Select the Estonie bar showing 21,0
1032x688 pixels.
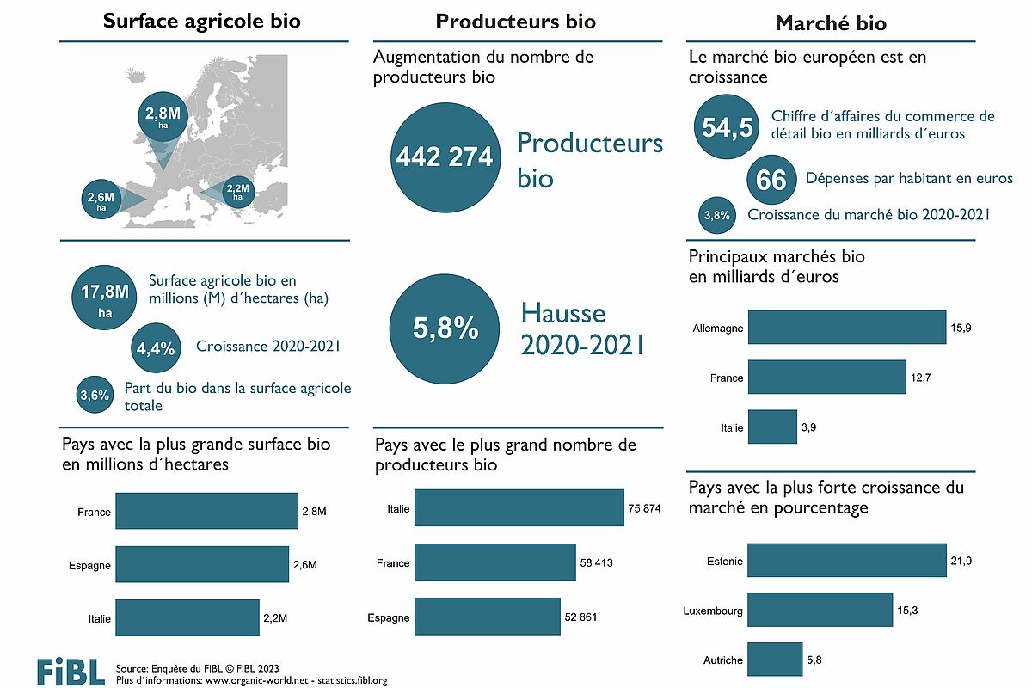coord(847,560)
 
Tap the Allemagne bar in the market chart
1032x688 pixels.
coord(847,328)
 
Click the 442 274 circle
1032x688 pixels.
coord(444,157)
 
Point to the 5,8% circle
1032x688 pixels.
coord(444,329)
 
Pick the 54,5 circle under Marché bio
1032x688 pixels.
coord(727,127)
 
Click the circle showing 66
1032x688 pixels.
coord(771,180)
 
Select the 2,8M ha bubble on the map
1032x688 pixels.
coord(162,117)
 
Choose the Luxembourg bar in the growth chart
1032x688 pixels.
coord(820,610)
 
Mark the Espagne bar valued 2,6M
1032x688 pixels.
coord(202,565)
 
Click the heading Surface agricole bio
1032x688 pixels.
coord(202,21)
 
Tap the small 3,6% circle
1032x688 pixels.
coord(94,395)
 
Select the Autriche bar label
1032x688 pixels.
coord(723,660)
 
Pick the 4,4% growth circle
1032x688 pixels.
coord(156,347)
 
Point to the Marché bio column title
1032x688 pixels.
coord(831,23)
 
